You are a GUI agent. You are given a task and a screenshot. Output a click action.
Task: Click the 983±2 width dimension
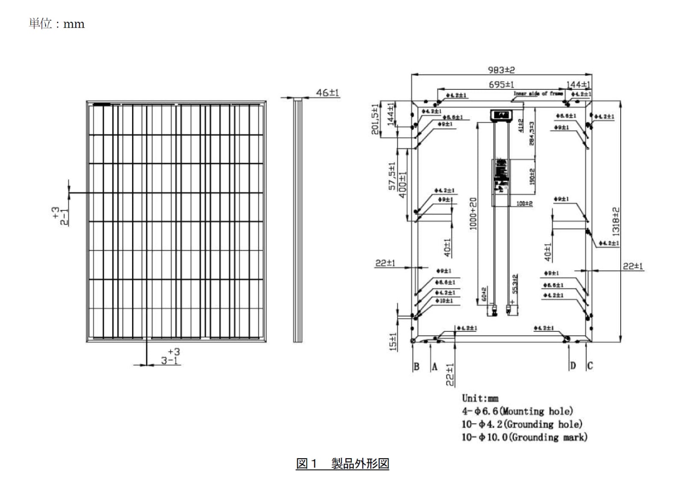pyautogui.click(x=501, y=70)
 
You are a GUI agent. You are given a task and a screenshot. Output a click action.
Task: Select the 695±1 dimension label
pyautogui.click(x=501, y=85)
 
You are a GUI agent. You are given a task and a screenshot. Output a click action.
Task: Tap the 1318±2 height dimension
pyautogui.click(x=616, y=221)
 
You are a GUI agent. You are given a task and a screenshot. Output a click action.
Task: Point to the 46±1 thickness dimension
pyautogui.click(x=327, y=92)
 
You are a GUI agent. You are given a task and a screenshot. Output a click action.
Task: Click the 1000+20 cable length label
pyautogui.click(x=473, y=214)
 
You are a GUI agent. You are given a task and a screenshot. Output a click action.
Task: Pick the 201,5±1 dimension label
pyautogui.click(x=375, y=119)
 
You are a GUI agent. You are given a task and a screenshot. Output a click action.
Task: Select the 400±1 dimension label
pyautogui.click(x=402, y=184)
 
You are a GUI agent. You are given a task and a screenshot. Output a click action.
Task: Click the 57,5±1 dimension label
pyautogui.click(x=392, y=176)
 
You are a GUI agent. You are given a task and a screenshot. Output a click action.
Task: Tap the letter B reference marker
pyautogui.click(x=416, y=366)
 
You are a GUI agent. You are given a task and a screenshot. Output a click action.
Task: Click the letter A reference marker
pyautogui.click(x=434, y=366)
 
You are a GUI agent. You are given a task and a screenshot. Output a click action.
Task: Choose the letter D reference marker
pyautogui.click(x=573, y=366)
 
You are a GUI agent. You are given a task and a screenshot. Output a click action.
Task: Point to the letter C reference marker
pyautogui.click(x=590, y=366)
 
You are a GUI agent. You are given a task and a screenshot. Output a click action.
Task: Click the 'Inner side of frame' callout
pyautogui.click(x=538, y=93)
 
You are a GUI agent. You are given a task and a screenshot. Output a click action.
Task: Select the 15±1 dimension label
pyautogui.click(x=393, y=342)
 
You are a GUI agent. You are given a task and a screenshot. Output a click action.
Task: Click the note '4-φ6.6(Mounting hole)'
pyautogui.click(x=517, y=411)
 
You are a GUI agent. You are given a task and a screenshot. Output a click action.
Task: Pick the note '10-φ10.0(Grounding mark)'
pyautogui.click(x=524, y=437)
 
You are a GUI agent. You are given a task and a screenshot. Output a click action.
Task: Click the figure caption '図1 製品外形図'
pyautogui.click(x=342, y=463)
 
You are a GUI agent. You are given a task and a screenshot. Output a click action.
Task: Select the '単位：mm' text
pyautogui.click(x=57, y=24)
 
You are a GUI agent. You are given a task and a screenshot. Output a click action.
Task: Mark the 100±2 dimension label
pyautogui.click(x=524, y=204)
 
